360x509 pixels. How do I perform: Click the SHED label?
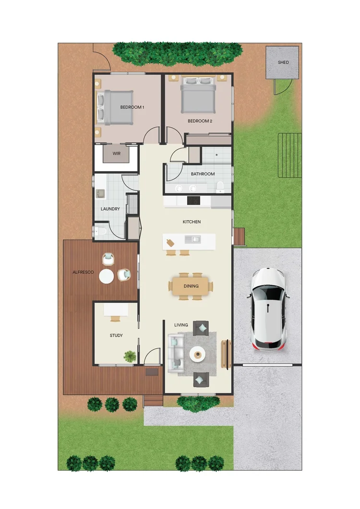283,62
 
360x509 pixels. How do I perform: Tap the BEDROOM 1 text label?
132,107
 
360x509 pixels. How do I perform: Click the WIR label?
117,154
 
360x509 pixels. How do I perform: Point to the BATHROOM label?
203,174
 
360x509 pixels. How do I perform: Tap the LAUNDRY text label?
110,209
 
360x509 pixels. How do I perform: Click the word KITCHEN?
192,222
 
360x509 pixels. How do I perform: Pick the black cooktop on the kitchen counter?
193,201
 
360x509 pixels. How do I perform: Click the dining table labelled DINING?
191,286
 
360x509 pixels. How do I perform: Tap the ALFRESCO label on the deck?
82,272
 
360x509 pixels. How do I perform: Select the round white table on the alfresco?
106,276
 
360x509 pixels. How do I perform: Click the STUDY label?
116,335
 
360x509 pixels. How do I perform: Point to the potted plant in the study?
130,356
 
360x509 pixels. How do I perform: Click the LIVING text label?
181,325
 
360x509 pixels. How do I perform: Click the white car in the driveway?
269,308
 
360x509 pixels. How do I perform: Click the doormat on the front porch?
152,372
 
